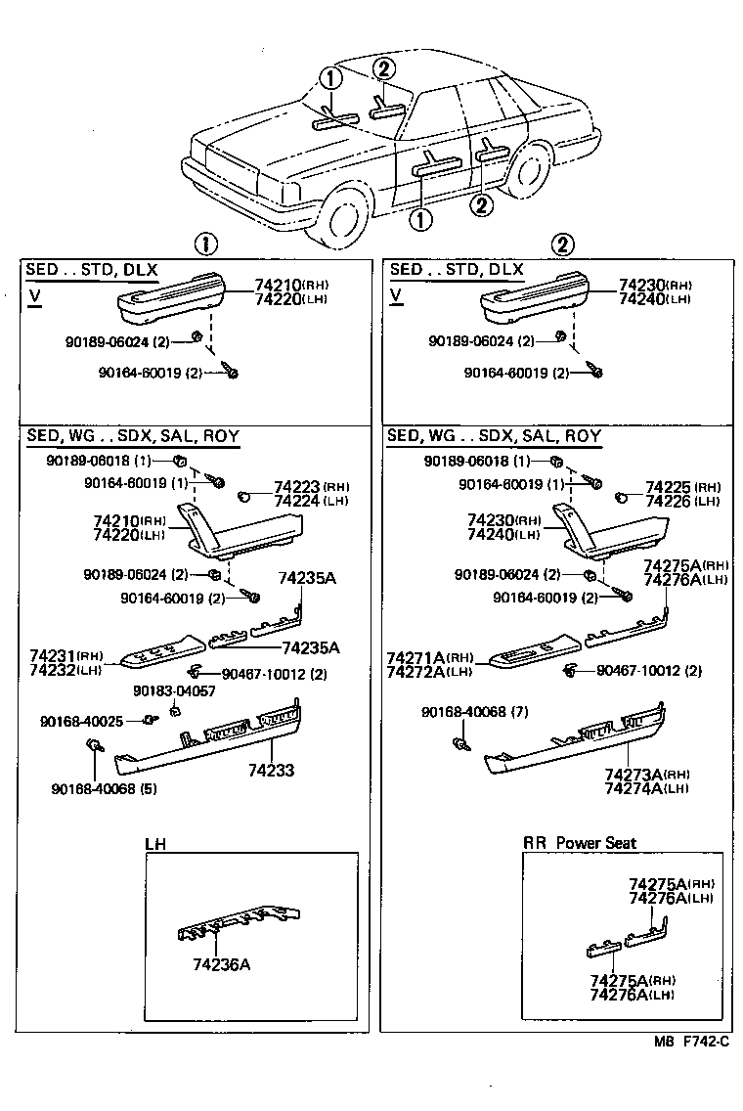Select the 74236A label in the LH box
(221, 963)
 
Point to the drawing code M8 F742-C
(691, 1042)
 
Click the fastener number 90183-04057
(174, 691)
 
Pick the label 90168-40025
(81, 721)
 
